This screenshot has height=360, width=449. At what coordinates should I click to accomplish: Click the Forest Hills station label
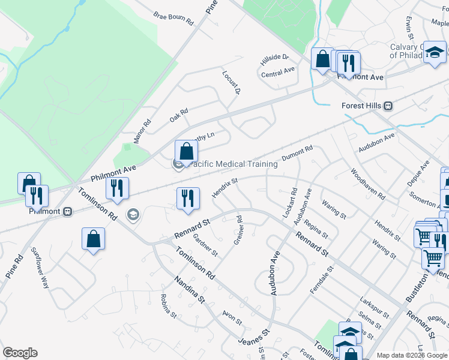[x=362, y=106]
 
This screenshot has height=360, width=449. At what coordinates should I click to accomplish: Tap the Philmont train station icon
[x=68, y=211]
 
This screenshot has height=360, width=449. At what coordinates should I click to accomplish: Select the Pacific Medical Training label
[x=234, y=164]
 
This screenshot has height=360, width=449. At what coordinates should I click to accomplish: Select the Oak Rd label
[x=179, y=115]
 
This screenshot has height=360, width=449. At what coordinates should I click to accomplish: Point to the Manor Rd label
[x=142, y=130]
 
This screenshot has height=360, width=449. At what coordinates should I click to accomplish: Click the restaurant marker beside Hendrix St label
[x=188, y=198]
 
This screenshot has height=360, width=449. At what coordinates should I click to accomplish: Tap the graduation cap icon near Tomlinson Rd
[x=133, y=214]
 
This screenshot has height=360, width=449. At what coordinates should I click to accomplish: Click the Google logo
[x=20, y=353]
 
